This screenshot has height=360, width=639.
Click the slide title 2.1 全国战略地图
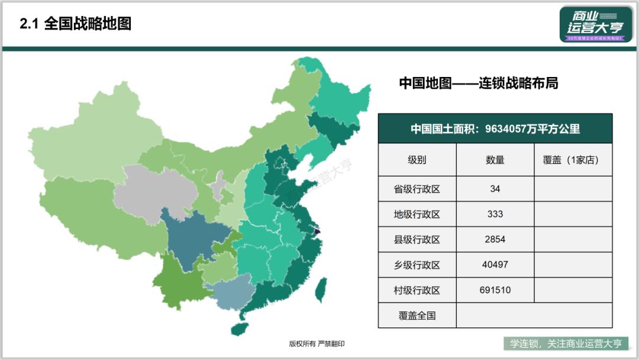75,24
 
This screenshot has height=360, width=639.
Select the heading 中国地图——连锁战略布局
478,83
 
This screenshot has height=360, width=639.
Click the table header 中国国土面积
495,129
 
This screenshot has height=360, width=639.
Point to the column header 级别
417,160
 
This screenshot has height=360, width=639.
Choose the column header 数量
495,160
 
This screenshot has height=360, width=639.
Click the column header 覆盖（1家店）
573,160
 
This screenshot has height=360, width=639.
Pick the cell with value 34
495,189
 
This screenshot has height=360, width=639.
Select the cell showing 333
495,214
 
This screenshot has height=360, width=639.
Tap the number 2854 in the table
495,240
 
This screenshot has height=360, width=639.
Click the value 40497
495,265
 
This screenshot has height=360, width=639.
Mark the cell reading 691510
495,290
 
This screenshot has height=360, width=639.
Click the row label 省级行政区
417,189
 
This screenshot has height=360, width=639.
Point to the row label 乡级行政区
417,265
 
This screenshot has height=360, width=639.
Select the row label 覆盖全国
417,316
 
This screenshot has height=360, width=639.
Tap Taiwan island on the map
321,288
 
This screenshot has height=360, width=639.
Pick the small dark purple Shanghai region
316,232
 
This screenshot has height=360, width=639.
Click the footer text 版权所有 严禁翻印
317,343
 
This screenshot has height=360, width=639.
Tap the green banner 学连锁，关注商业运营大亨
566,343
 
